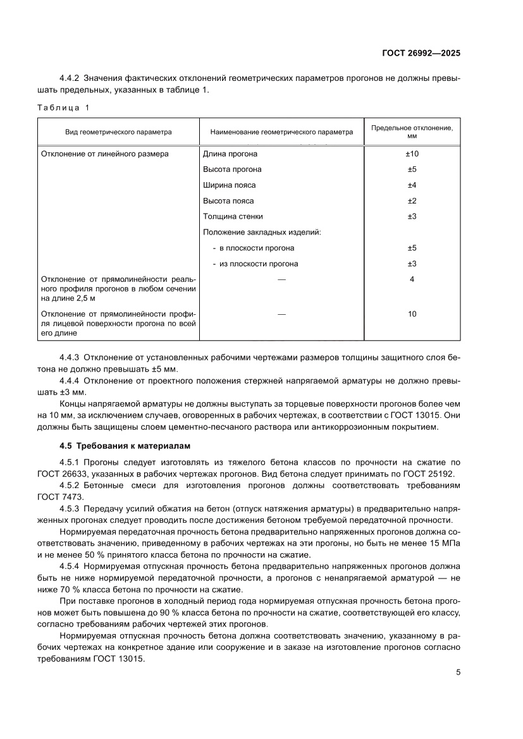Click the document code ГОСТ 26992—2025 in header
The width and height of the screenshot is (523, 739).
421,54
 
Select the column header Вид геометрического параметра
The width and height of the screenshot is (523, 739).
118,133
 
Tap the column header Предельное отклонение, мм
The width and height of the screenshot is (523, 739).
412,132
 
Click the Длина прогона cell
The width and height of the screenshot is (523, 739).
230,154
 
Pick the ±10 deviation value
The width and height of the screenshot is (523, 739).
412,154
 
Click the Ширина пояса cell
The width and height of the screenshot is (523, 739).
230,185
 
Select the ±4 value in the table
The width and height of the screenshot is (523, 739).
412,185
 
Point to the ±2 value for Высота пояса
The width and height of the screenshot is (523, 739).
412,201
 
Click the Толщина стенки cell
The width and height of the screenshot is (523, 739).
233,217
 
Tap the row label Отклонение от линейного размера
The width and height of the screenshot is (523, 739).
105,154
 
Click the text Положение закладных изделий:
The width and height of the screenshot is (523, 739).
262,232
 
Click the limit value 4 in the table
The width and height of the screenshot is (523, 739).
412,279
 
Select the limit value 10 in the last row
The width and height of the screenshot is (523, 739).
412,314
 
